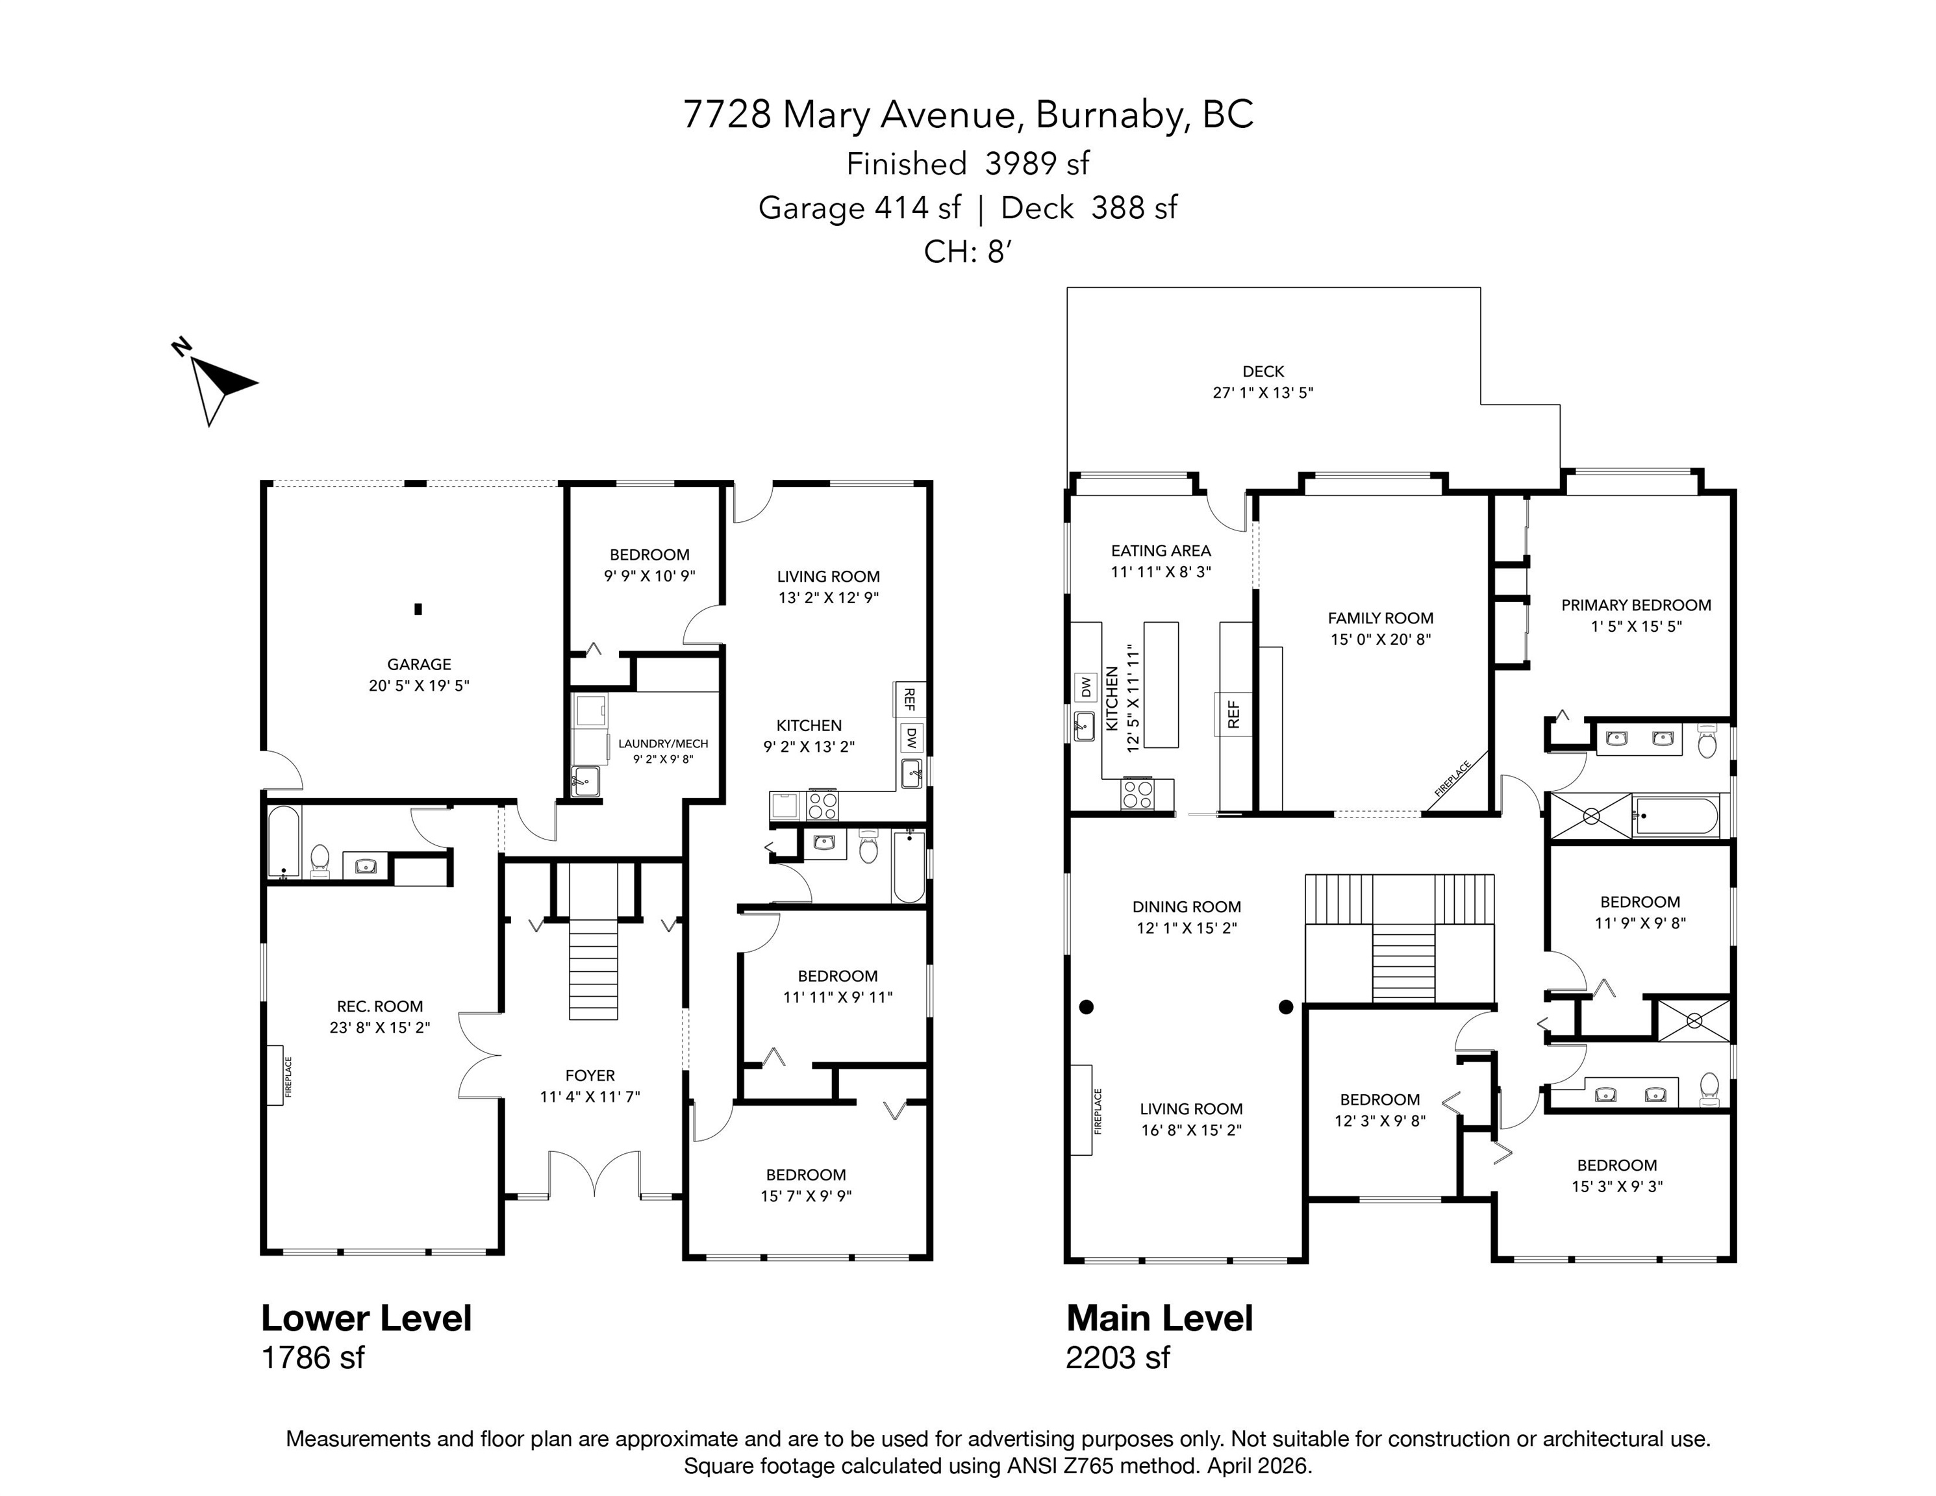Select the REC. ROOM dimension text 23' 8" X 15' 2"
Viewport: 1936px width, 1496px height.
click(379, 1028)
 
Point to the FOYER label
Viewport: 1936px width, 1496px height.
click(590, 1075)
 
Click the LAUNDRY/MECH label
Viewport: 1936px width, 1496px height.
click(663, 743)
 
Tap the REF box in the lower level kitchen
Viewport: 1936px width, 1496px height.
click(908, 699)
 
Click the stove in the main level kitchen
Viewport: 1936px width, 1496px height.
click(1138, 793)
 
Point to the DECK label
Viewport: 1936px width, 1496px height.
click(1263, 371)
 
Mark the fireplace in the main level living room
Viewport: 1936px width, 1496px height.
click(1081, 1110)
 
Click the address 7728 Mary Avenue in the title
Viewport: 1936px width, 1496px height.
click(848, 115)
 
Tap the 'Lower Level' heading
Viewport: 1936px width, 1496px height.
click(366, 1318)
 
